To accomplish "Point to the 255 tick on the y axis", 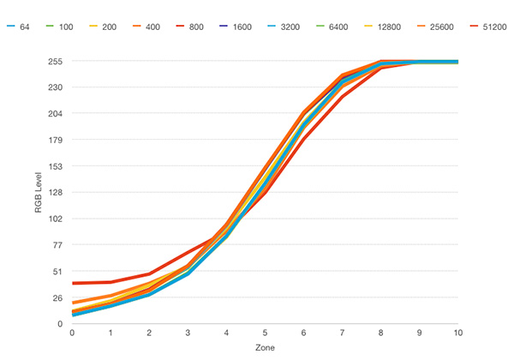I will click(x=55, y=62).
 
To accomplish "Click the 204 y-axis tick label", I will click(x=55, y=114).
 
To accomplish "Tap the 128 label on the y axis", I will click(x=55, y=193).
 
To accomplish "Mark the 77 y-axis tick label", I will click(x=57, y=245).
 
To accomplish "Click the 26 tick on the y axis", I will click(x=57, y=297).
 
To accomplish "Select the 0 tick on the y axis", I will click(x=60, y=324).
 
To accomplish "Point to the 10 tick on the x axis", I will click(x=457, y=333).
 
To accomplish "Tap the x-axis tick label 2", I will click(x=150, y=333).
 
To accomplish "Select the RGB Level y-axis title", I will click(x=38, y=193).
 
